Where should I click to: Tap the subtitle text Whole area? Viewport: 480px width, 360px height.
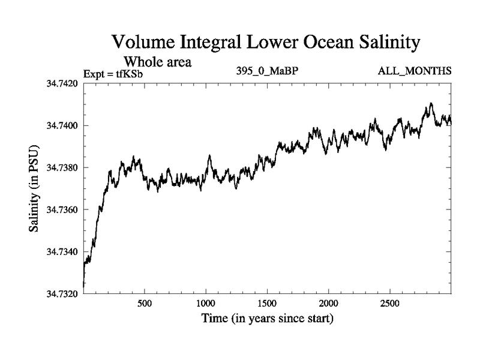tap(158, 61)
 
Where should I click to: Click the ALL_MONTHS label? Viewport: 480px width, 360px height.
tap(414, 71)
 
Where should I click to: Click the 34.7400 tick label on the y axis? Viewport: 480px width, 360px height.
tap(63, 125)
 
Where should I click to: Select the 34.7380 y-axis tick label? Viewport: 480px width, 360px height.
tap(63, 167)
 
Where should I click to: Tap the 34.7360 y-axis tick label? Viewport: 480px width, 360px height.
tap(63, 209)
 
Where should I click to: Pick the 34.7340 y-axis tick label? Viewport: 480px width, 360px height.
tap(63, 251)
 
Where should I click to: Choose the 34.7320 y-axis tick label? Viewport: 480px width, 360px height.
tap(63, 293)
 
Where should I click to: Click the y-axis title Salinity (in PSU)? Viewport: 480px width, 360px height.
tap(35, 188)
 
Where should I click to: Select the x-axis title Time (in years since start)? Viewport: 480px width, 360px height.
tap(266, 319)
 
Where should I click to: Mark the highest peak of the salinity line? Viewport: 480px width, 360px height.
tap(431, 103)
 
